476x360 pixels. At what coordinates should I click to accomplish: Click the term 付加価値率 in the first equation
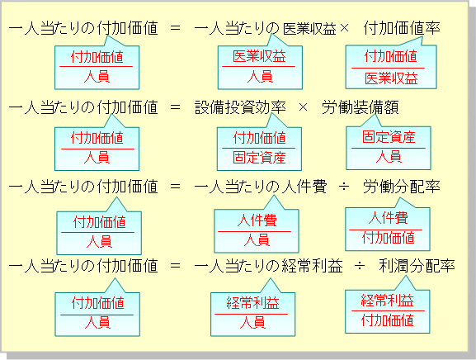[402, 28]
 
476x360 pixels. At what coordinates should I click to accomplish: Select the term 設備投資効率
[240, 107]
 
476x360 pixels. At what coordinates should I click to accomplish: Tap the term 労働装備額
[361, 107]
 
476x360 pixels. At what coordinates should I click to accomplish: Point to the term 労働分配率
[402, 187]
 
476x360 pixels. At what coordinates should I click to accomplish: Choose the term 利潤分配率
[417, 266]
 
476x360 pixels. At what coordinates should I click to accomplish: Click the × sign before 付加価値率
[345, 29]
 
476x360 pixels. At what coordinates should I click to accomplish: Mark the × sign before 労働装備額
[303, 107]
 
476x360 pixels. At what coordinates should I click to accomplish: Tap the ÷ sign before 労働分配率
[344, 187]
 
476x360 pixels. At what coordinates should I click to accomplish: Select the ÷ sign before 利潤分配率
[360, 267]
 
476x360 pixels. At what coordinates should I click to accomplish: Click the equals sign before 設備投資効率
[175, 107]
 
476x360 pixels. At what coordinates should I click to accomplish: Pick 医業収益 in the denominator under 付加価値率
[391, 78]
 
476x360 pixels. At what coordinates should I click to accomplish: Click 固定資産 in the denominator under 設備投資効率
[259, 158]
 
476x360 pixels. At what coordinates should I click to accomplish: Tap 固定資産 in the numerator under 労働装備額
[389, 137]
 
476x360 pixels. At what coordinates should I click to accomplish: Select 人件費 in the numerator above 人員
[257, 220]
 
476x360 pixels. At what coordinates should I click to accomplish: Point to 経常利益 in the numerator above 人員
[252, 303]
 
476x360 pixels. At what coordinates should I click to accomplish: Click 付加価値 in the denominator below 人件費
[389, 238]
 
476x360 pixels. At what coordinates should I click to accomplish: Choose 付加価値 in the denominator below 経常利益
[388, 320]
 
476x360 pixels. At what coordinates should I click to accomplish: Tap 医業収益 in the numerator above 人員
[259, 56]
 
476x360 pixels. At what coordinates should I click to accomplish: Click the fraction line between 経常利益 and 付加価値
[388, 310]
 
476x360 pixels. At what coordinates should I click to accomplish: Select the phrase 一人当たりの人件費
[261, 187]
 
